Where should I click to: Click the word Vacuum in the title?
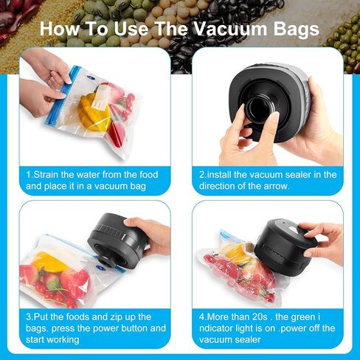pos(231,29)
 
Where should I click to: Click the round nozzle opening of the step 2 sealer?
pos(259,108)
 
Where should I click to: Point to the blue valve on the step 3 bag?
pos(100,268)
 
